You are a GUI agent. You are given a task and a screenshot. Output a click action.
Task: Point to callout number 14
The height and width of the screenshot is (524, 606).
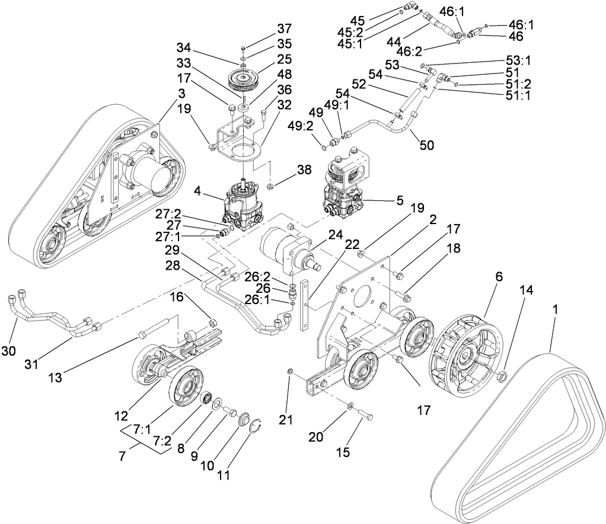(x=527, y=290)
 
